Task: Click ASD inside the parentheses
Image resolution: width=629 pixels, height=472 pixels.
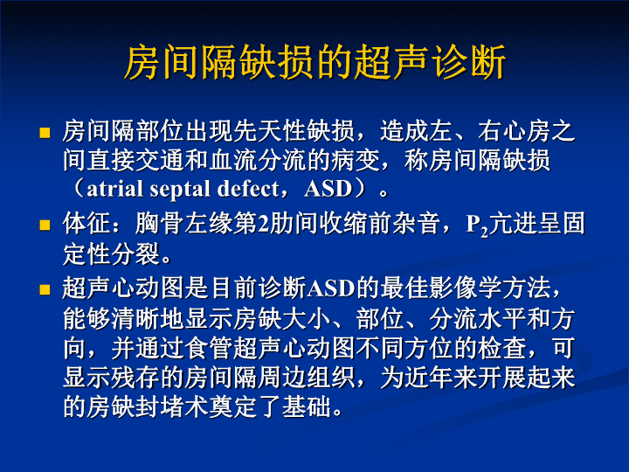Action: coord(328,189)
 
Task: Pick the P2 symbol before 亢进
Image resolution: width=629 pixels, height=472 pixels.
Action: coord(477,226)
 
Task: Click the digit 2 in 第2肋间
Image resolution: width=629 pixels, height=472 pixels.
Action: coord(264,224)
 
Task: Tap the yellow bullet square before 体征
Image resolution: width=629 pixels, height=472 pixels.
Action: coord(45,225)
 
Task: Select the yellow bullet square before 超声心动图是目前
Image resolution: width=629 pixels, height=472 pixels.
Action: coord(45,289)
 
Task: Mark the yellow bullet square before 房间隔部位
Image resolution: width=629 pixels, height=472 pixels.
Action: coord(45,133)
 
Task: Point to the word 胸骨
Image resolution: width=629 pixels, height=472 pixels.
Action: coord(160,224)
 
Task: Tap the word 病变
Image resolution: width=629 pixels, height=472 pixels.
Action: coord(355,160)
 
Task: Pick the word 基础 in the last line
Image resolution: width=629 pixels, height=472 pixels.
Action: coord(307,406)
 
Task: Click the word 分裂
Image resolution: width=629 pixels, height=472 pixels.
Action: coord(135,253)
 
